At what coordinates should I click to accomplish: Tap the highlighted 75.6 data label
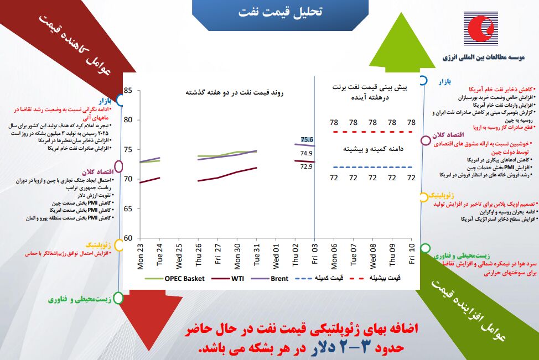click(x=307, y=139)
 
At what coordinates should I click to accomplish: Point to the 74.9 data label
click(x=307, y=153)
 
